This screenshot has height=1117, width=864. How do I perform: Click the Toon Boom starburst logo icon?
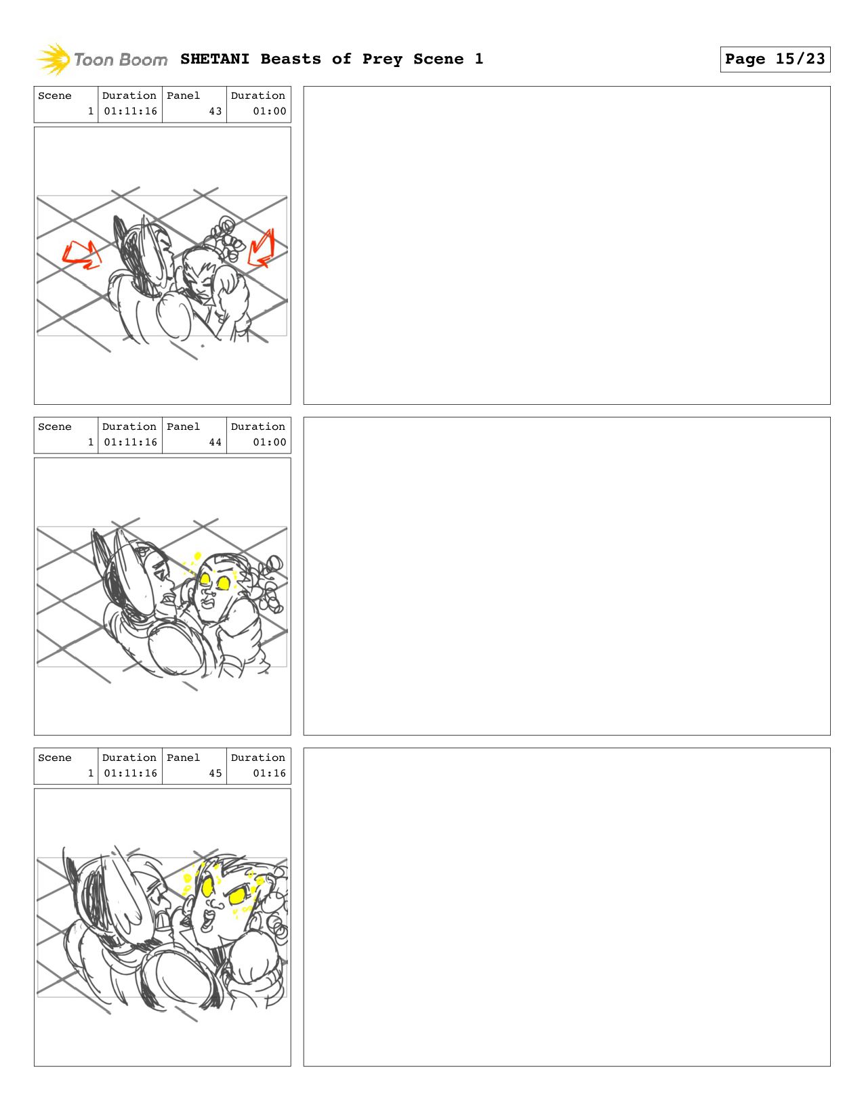click(x=53, y=59)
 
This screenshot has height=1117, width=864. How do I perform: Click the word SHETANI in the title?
click(x=215, y=59)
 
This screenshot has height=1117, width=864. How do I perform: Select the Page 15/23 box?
click(x=775, y=59)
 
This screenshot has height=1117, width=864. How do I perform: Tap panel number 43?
click(x=215, y=111)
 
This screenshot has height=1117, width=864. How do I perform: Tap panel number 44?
click(x=215, y=442)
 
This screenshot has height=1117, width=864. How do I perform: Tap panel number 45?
click(x=215, y=773)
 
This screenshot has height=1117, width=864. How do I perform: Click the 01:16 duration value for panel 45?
click(x=269, y=773)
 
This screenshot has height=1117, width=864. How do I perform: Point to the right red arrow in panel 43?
click(x=262, y=249)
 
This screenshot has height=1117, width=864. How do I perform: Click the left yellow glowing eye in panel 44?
click(x=205, y=579)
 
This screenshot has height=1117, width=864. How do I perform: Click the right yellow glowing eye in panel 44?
click(x=224, y=584)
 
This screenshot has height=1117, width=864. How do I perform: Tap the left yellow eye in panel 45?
click(x=207, y=886)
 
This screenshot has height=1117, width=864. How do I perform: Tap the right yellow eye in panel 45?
click(x=237, y=896)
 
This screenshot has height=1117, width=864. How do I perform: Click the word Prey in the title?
click(x=382, y=60)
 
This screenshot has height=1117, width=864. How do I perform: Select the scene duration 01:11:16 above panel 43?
click(x=130, y=111)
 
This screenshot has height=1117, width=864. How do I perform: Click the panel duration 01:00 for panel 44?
click(x=269, y=442)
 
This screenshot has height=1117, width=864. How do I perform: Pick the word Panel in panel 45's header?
click(x=183, y=758)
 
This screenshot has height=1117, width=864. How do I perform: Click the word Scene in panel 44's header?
click(x=54, y=426)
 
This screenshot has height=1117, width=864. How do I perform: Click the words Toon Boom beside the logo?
click(x=121, y=60)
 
